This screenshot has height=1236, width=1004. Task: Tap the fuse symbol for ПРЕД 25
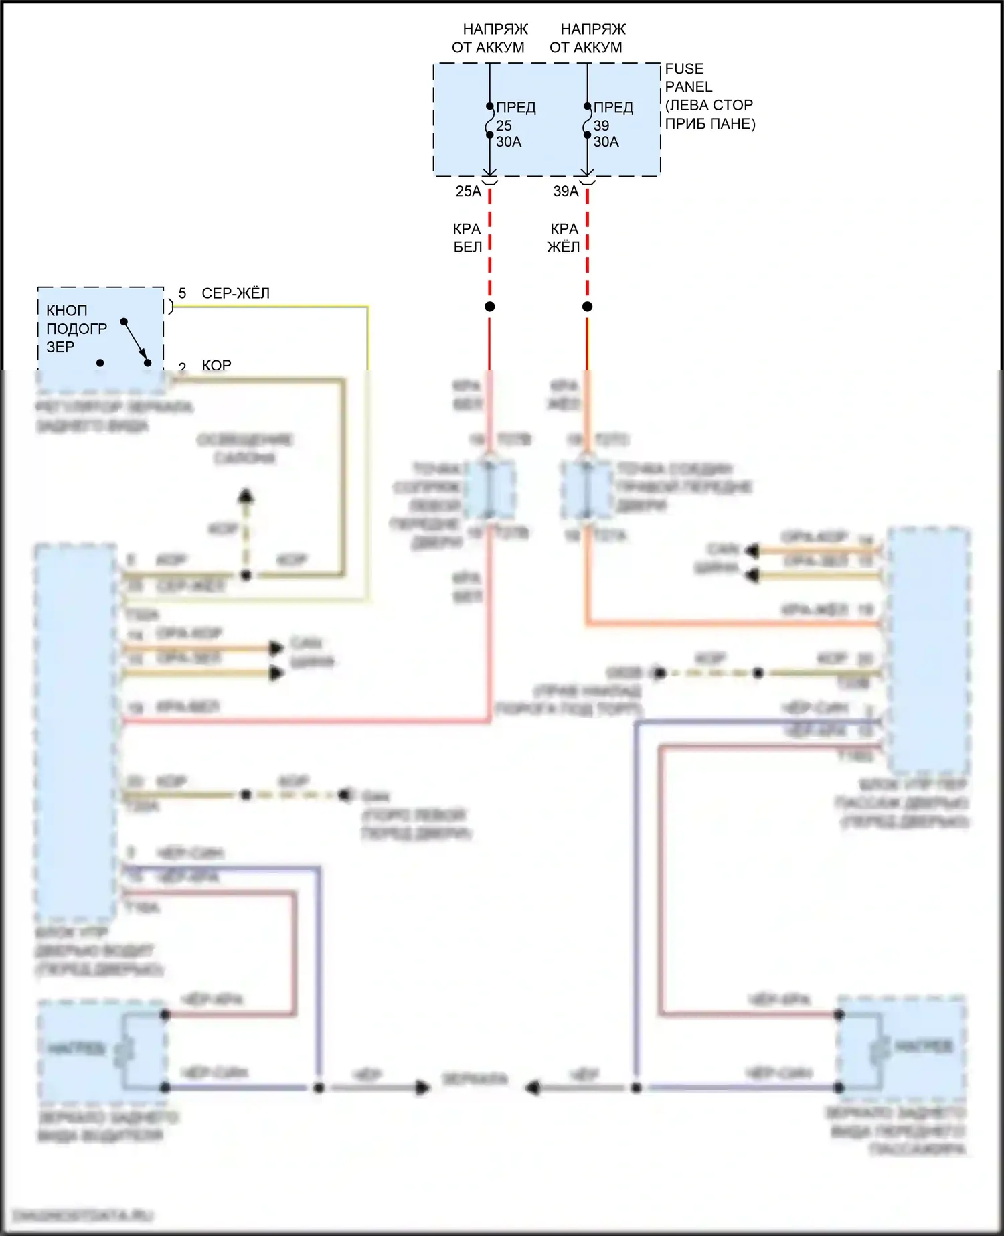coord(490,121)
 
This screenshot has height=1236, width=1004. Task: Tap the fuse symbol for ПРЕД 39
coord(587,121)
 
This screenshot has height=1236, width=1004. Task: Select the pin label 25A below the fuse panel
coord(469,191)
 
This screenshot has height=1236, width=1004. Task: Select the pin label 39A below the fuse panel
coord(566,191)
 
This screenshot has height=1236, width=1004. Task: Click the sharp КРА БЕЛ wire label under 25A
coord(467,238)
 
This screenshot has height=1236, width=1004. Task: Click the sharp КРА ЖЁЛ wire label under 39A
coord(564,238)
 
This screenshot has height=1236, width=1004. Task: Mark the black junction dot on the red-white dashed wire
coord(490,307)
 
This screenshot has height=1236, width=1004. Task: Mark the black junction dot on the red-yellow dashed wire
coord(587,307)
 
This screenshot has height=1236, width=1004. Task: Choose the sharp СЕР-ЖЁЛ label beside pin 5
coord(236,293)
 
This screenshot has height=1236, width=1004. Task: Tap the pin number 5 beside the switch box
coord(182,293)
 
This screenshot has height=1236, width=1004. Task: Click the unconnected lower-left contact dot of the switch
coord(100,363)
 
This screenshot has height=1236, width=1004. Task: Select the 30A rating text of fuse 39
coord(606,142)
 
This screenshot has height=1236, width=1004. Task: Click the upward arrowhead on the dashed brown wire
coord(246,496)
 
